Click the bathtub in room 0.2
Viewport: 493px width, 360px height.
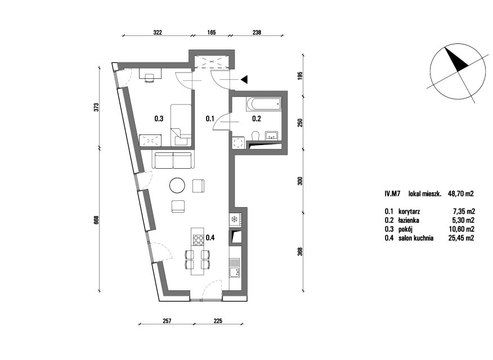[264, 104]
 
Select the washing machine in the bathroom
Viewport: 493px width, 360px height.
[238, 143]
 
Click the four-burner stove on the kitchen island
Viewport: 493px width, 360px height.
[198, 240]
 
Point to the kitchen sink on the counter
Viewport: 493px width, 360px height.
[235, 268]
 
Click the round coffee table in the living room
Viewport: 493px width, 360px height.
[177, 185]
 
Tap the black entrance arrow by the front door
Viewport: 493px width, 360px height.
[244, 79]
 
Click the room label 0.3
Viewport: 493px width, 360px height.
[159, 119]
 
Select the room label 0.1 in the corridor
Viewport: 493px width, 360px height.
[210, 119]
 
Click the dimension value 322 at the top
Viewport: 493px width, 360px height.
[157, 32]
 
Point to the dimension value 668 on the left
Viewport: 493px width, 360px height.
[97, 219]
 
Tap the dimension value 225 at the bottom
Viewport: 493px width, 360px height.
[218, 321]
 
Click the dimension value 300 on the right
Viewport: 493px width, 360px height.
[299, 181]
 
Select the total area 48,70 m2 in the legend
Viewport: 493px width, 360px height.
[460, 194]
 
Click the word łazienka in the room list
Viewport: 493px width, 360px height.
[409, 220]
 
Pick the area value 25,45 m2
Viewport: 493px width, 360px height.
[461, 238]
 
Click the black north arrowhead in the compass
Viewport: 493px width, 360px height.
[456, 58]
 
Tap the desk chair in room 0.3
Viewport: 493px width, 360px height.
[149, 77]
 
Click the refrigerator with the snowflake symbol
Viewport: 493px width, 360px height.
[236, 219]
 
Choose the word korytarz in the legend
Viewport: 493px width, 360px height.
[409, 211]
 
